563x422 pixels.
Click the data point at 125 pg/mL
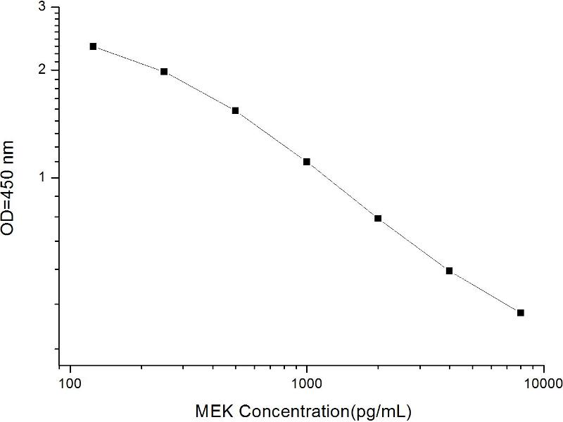[x=93, y=46]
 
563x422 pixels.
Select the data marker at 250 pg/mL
[x=164, y=72]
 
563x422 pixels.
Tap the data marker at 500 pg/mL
[x=235, y=110]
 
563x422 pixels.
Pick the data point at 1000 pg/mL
[x=307, y=162]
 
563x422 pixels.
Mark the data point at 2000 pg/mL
[x=378, y=219]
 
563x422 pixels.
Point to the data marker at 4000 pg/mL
[x=449, y=271]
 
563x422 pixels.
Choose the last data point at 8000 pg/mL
[x=521, y=312]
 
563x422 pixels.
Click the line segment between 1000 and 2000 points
[x=342, y=190]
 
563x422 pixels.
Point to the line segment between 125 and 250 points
[x=128, y=59]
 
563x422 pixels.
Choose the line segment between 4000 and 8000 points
[x=485, y=291]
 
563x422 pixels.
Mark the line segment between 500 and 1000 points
[x=271, y=136]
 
